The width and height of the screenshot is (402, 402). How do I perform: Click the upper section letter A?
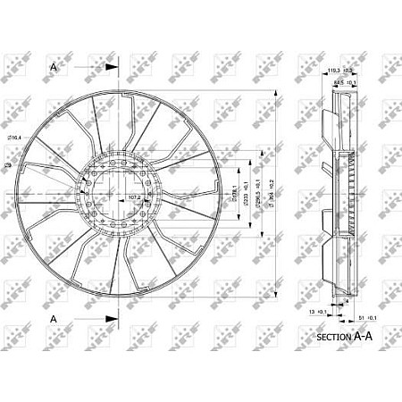point(54,65)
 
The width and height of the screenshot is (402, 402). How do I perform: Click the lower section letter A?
point(54,318)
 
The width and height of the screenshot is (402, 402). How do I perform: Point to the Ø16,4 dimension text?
point(15,137)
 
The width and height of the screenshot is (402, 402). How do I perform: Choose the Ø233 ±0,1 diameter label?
point(247,189)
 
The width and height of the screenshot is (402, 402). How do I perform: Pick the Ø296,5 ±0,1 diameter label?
point(259,191)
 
